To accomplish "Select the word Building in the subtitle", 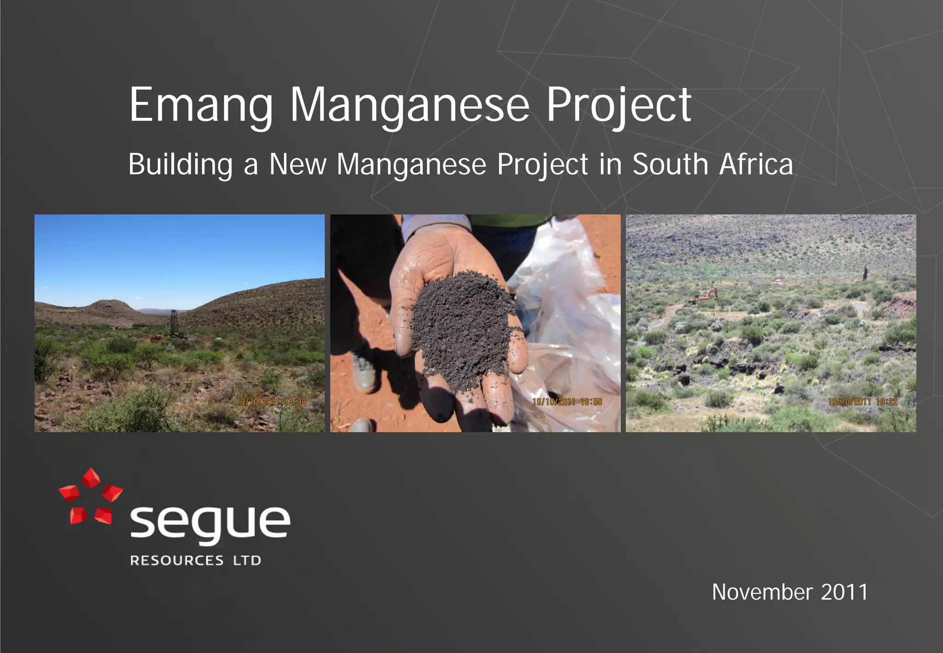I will point(180,164).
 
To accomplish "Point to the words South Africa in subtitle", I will point(713,164).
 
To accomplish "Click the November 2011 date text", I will point(790,592).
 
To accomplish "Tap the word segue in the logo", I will point(210,523).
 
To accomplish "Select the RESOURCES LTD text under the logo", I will point(196,560).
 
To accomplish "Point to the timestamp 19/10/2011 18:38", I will point(271,402).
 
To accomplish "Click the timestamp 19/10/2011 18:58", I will point(567,402).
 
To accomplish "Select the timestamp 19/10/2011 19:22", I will point(862,402).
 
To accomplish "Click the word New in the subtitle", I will point(298,164).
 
